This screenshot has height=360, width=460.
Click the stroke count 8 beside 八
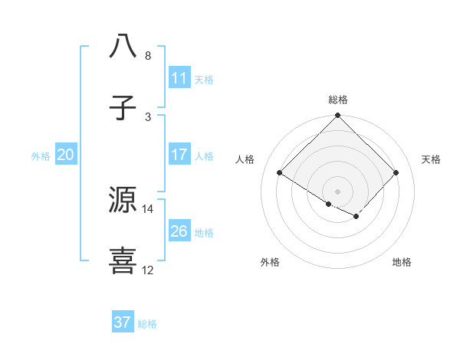pos(148,56)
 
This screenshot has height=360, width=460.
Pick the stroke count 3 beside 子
pos(148,117)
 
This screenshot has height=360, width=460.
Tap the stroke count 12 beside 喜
pos(148,270)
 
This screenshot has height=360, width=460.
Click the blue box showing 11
pos(179,78)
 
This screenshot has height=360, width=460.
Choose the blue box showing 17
pos(179,155)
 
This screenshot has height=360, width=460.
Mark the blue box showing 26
pos(179,231)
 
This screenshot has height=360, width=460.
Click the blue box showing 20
pos(66,155)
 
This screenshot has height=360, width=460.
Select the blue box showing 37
pos(123,322)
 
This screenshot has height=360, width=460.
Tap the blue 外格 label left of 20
pos(41,156)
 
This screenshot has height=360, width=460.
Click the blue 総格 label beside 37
pos(147,324)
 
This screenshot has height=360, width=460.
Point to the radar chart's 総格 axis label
pos(338,100)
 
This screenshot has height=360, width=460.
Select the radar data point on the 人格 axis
pos(280,173)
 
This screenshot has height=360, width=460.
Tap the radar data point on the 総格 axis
pos(338,117)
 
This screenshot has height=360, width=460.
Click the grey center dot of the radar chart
pos(338,191)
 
